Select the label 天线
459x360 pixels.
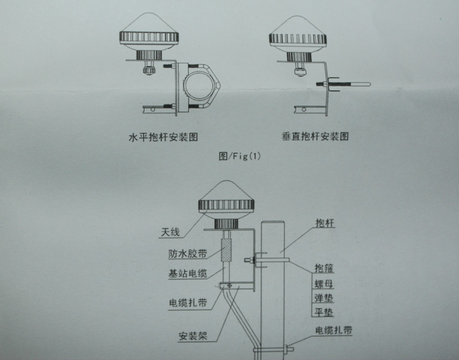point(170,233)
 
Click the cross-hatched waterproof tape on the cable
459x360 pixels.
point(228,251)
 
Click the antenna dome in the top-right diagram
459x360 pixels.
point(298,36)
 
